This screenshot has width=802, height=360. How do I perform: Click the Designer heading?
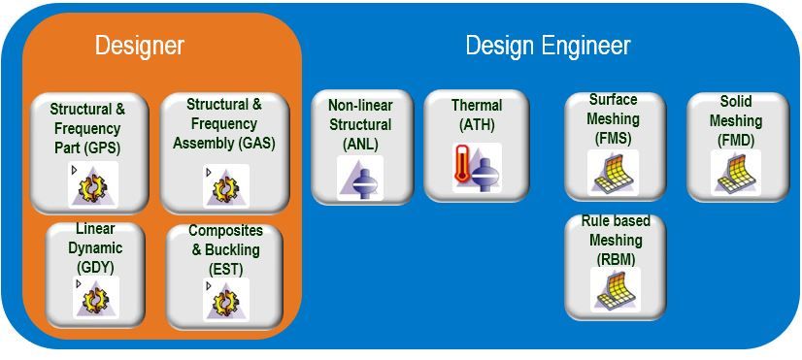(x=140, y=45)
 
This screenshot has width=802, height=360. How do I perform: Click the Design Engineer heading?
(x=548, y=46)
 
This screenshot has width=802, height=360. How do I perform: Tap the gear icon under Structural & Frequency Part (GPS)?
(x=93, y=187)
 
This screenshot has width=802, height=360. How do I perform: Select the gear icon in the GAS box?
(x=226, y=188)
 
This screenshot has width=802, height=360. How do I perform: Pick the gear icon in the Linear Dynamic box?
(x=96, y=300)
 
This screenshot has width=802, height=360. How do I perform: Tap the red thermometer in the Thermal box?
(x=462, y=164)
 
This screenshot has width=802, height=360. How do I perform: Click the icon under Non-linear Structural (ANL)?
(x=359, y=177)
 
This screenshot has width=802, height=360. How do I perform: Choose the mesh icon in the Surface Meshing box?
(x=615, y=172)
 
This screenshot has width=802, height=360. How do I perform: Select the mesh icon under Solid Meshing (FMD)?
(x=737, y=172)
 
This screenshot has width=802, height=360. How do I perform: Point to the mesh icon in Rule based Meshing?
(x=615, y=290)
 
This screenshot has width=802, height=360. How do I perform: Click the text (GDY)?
(x=94, y=267)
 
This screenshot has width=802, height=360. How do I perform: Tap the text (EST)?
(x=225, y=268)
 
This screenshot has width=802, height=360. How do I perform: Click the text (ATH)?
(x=476, y=124)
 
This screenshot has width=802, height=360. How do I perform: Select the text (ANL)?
(x=361, y=144)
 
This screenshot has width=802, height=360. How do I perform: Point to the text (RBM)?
(x=616, y=259)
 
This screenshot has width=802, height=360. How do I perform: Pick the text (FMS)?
(x=613, y=139)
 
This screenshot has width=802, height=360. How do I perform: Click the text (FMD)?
(x=736, y=141)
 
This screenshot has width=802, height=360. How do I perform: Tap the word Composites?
(x=225, y=231)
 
